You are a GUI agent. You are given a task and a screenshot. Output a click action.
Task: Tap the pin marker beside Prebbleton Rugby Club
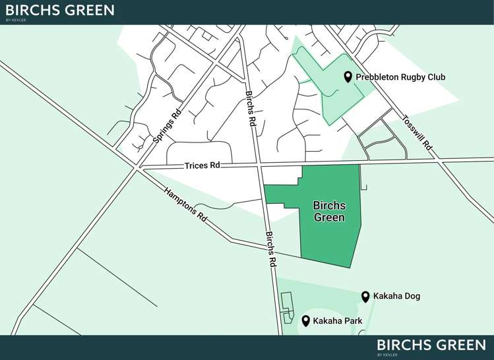348,77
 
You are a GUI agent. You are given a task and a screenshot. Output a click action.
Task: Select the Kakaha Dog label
396,296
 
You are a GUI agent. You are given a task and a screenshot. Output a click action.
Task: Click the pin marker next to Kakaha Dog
365,297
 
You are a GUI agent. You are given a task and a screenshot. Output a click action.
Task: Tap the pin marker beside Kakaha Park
305,321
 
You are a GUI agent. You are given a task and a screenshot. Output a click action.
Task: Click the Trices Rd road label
206,165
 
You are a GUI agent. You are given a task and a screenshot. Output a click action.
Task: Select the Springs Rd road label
167,127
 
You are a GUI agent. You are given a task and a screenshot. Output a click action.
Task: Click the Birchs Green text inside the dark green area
329,212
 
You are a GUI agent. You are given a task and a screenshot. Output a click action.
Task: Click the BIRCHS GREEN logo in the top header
59,10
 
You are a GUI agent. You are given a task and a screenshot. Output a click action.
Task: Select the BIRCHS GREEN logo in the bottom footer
431,345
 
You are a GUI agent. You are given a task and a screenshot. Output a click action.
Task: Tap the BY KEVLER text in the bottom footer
387,355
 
